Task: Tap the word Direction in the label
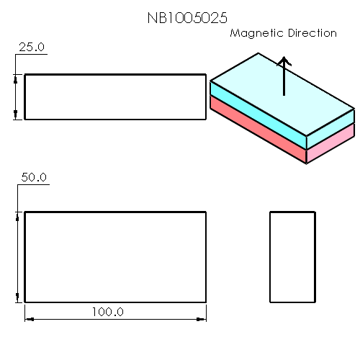(x=310, y=33)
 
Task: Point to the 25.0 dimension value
(x=31, y=47)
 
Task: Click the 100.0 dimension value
(x=108, y=312)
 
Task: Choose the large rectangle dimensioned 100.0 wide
(x=115, y=257)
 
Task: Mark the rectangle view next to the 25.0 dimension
(x=115, y=96)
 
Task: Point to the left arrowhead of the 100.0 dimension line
(x=28, y=318)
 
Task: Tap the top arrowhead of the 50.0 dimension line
(x=17, y=215)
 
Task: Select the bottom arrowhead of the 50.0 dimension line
(x=17, y=299)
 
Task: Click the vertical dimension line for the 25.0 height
(x=17, y=96)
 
